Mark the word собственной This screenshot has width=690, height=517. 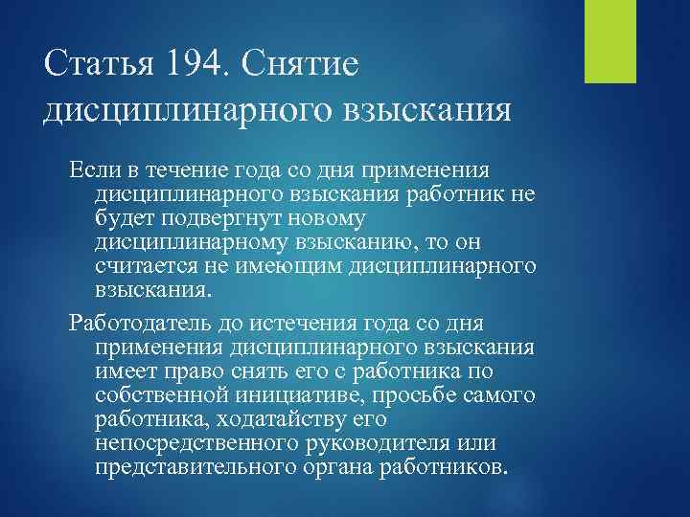[152, 393]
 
